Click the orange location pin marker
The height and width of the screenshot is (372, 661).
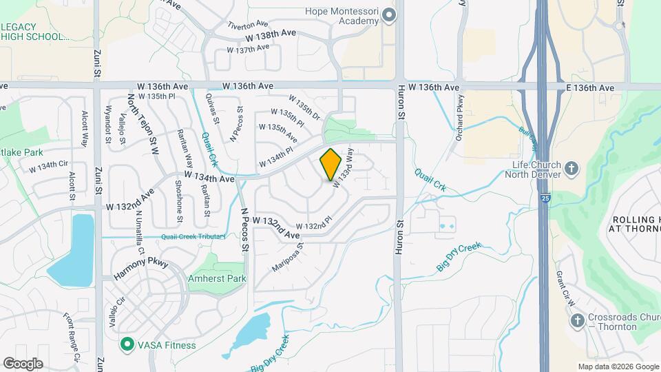click(x=331, y=164)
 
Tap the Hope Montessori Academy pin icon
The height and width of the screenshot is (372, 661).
click(x=389, y=15)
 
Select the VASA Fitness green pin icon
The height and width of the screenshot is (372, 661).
click(x=127, y=344)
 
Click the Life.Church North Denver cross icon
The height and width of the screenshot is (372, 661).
click(x=571, y=168)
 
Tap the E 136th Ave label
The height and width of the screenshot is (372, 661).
click(x=591, y=88)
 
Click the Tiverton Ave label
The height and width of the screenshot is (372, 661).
click(x=247, y=24)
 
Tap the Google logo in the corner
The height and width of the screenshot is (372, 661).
click(x=23, y=363)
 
